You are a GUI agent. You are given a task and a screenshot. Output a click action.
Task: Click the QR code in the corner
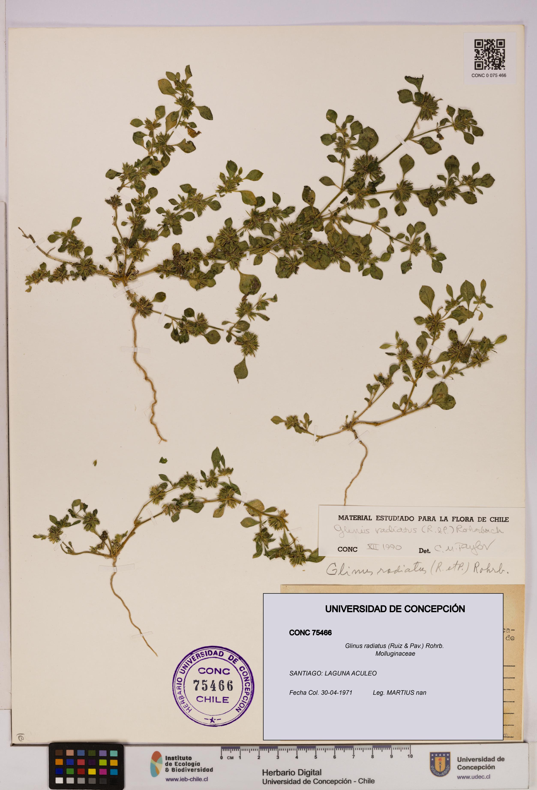[x=489, y=54]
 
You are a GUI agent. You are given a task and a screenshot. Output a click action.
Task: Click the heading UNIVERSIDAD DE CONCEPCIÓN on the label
[x=395, y=609]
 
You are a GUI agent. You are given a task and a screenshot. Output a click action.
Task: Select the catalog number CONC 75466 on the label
[x=310, y=633]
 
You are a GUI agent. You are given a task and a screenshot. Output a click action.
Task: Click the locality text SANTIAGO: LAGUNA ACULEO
[x=333, y=673]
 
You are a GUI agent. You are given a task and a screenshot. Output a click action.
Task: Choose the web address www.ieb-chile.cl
[x=187, y=779]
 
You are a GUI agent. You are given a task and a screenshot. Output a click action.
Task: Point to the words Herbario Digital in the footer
[x=292, y=773]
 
